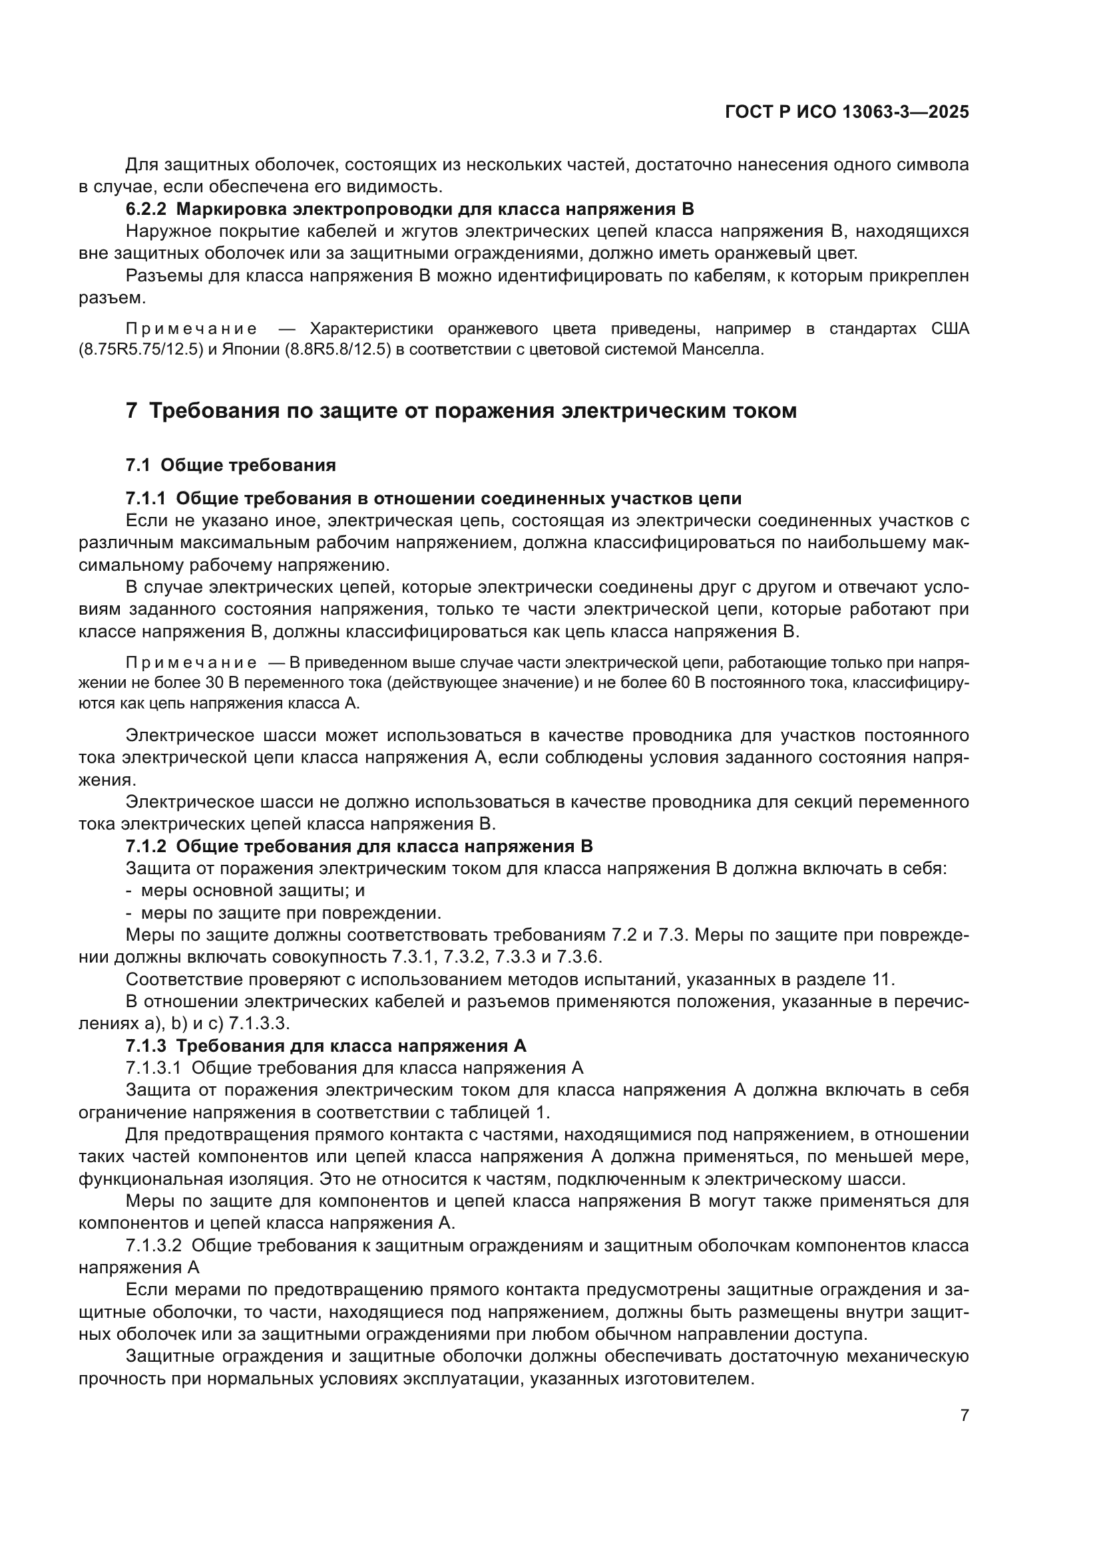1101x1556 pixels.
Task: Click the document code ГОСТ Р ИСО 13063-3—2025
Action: tap(846, 112)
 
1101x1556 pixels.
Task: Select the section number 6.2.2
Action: tap(146, 209)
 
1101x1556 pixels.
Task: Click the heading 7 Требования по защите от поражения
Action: tap(461, 410)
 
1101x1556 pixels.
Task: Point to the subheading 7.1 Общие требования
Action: tap(230, 465)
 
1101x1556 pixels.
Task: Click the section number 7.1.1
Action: tap(146, 498)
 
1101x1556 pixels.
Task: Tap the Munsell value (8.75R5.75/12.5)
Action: tap(141, 351)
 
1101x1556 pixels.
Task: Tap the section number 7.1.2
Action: tap(146, 846)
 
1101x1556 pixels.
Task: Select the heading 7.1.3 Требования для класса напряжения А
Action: tap(326, 1046)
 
